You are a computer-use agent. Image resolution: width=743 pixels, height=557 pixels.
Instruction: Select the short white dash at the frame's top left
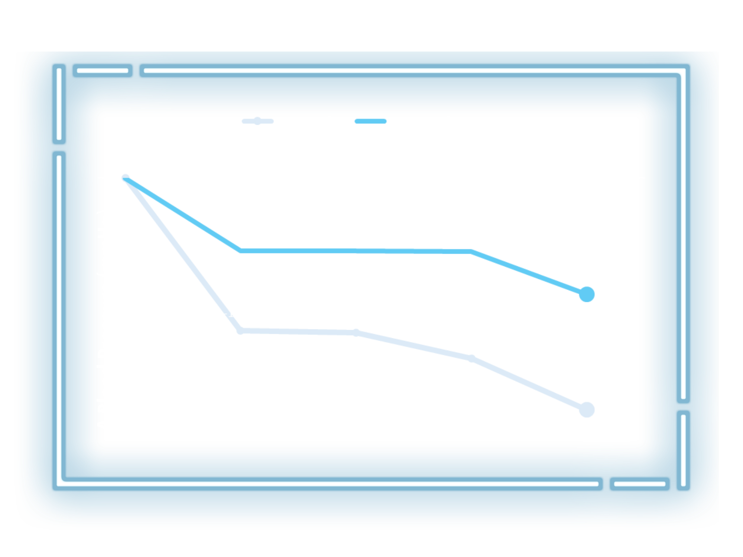pos(103,71)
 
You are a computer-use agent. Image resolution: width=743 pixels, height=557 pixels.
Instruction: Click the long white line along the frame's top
pos(412,71)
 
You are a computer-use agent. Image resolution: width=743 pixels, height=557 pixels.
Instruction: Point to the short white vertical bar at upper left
pos(59,104)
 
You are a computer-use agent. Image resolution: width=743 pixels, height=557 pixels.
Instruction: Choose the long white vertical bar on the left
pos(59,319)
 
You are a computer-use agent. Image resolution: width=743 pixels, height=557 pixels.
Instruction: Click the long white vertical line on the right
pos(683,234)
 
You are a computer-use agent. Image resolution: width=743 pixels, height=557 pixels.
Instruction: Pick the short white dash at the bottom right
pos(639,484)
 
